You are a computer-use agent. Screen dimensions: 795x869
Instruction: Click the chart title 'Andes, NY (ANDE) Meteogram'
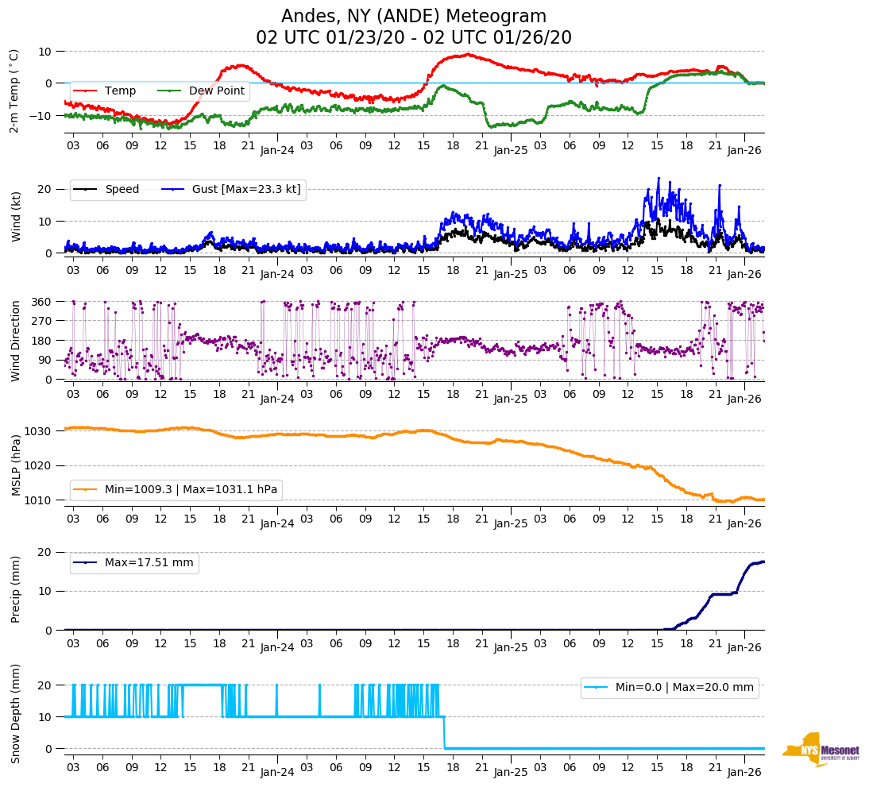click(x=414, y=17)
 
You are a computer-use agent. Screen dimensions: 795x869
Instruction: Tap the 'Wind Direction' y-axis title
click(x=16, y=341)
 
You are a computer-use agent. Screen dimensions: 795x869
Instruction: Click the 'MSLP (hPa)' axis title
click(x=16, y=465)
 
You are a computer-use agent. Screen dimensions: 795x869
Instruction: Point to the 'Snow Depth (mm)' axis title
click(x=16, y=712)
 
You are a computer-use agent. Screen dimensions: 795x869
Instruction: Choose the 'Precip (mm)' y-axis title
click(x=16, y=589)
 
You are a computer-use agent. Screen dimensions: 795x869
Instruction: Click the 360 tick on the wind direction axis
click(x=42, y=302)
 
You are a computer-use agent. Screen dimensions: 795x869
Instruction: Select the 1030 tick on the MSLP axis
click(x=39, y=431)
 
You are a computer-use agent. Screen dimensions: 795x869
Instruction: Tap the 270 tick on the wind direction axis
click(x=42, y=321)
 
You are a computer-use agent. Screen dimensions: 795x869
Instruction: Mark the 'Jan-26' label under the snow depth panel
click(x=744, y=771)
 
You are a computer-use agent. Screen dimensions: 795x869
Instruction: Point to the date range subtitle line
click(x=414, y=38)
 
